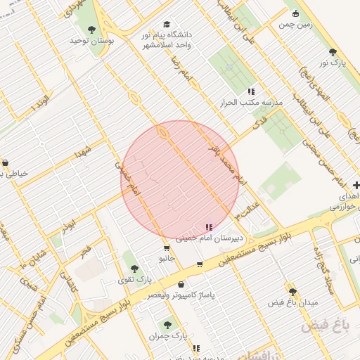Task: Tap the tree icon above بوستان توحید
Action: click(x=91, y=30)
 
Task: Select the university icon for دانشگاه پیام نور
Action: click(x=166, y=24)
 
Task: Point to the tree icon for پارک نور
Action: click(x=333, y=52)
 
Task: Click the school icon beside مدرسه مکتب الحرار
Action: click(x=251, y=91)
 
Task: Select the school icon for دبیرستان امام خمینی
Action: click(x=208, y=227)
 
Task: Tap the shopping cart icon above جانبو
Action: click(x=166, y=247)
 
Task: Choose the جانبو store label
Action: click(x=166, y=258)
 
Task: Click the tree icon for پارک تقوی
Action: click(x=134, y=269)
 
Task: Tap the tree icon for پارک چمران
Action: click(x=167, y=325)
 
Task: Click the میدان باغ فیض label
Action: click(x=293, y=302)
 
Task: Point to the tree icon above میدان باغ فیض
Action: click(x=292, y=291)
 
